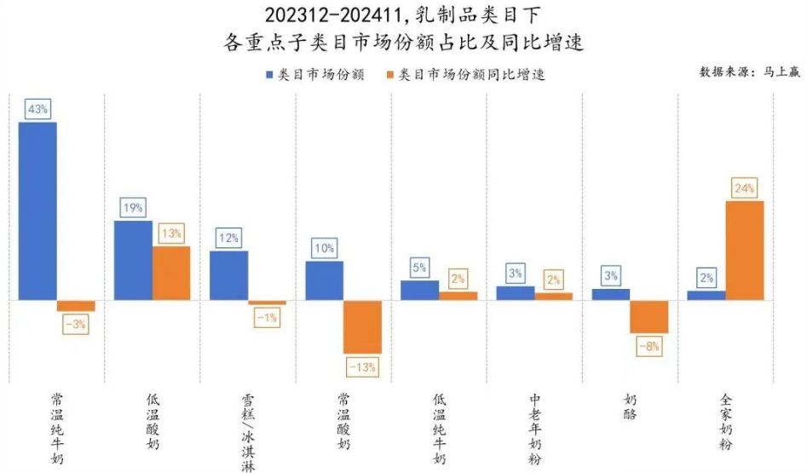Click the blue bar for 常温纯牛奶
[x=37, y=211]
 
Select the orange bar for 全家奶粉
[x=745, y=251]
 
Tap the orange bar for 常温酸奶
[x=362, y=326]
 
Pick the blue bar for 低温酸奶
[x=133, y=260]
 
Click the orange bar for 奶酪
[x=649, y=316]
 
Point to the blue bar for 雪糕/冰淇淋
[x=228, y=275]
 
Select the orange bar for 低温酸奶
[x=171, y=273]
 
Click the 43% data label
[x=38, y=109]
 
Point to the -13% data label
[x=362, y=367]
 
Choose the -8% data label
[x=649, y=347]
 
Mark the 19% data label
[x=133, y=207]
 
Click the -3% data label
[x=76, y=325]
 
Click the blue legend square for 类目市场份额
[x=270, y=74]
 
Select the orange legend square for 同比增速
[x=391, y=74]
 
